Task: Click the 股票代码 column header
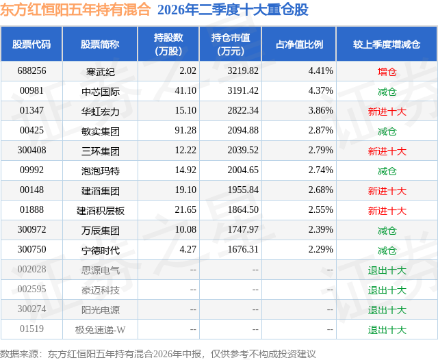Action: (x=31, y=44)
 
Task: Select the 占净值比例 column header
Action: (x=299, y=44)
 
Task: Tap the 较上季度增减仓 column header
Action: (x=387, y=44)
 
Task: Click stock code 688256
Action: (x=31, y=71)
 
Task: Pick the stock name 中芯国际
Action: (x=101, y=91)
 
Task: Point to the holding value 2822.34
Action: (x=243, y=111)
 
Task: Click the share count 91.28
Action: (x=185, y=131)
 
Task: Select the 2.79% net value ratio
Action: (x=321, y=151)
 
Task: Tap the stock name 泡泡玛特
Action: (x=101, y=170)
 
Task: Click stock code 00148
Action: (x=31, y=190)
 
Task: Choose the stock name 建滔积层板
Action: (x=101, y=210)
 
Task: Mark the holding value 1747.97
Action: (x=243, y=229)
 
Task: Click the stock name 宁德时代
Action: (x=101, y=250)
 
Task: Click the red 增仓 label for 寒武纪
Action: (x=387, y=72)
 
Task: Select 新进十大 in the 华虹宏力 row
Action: (x=387, y=112)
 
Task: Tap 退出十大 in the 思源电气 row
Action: (x=387, y=270)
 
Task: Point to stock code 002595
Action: (x=31, y=289)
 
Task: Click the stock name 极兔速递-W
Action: (x=101, y=330)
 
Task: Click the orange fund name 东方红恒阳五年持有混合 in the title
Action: (x=75, y=9)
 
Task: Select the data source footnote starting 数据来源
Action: (x=158, y=354)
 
